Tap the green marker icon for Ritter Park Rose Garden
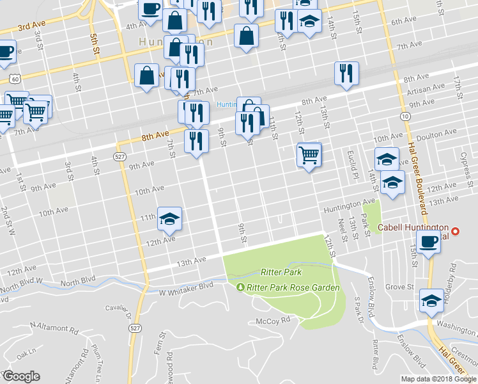241,287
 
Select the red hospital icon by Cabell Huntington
455,231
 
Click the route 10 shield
406,115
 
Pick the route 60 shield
14,77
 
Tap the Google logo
21,376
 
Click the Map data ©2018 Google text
438,379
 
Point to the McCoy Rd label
273,320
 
